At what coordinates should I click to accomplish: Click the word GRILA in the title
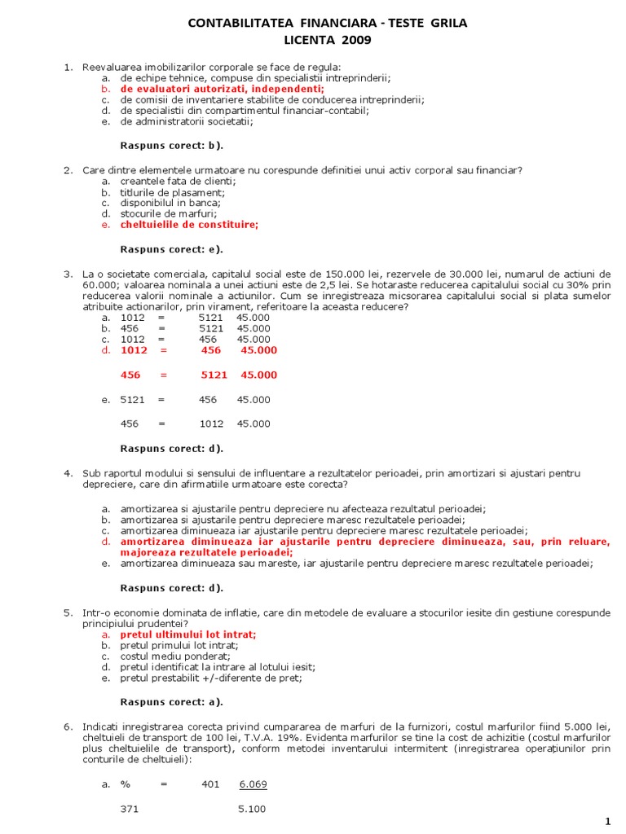coord(446,24)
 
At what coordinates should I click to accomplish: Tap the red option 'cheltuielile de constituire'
coord(189,225)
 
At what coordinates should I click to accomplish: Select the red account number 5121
coord(214,375)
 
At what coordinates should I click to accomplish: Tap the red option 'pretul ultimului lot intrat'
coord(188,634)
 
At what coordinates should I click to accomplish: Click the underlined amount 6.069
coord(253,784)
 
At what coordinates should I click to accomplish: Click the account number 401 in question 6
coord(210,784)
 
